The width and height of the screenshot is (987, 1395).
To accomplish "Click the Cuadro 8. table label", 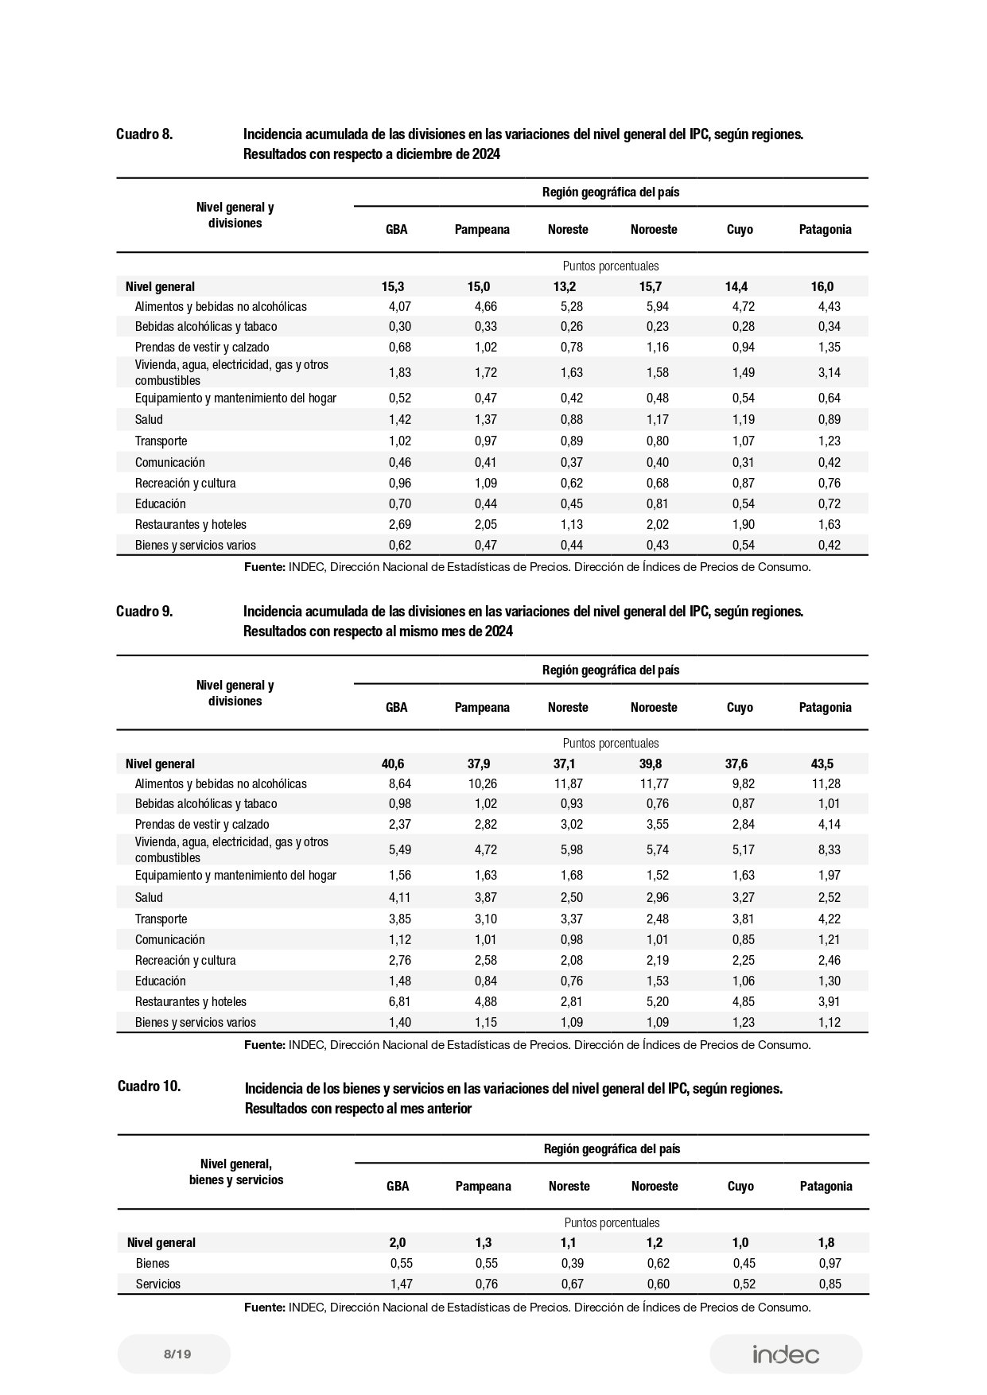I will [x=144, y=134].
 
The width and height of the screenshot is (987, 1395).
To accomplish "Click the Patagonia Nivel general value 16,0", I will [x=822, y=287].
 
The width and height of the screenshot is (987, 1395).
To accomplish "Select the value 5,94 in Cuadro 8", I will [x=657, y=307].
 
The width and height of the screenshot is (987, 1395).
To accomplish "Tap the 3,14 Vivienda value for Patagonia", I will [x=829, y=372].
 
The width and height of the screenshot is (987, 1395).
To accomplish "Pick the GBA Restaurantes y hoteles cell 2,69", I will [x=399, y=525].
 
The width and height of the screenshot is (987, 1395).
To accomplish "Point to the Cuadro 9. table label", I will [x=144, y=612].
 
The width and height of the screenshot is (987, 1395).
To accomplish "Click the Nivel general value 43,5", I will [x=822, y=764].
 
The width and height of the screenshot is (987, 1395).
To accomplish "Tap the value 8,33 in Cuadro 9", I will [x=829, y=849].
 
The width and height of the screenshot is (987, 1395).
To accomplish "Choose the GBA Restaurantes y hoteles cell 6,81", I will [x=399, y=1002].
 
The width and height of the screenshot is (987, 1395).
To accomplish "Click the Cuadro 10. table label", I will [x=149, y=1086].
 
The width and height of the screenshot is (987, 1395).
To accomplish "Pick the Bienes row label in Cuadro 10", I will [x=153, y=1263].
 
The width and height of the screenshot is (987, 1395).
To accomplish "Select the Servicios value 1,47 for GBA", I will [x=401, y=1284].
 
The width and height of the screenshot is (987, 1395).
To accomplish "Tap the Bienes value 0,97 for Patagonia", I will [x=830, y=1263].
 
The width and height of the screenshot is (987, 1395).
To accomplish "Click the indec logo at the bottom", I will [x=785, y=1354].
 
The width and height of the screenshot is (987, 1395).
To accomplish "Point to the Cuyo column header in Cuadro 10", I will [x=740, y=1187].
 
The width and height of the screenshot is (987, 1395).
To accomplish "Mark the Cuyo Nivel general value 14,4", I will [x=736, y=287].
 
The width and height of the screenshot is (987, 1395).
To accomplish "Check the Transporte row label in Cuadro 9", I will [x=161, y=919].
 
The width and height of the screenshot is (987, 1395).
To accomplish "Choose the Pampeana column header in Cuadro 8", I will [x=482, y=230].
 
